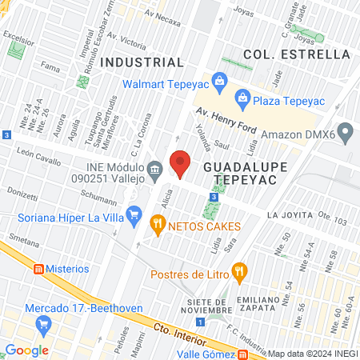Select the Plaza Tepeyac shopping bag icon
coord(242,98)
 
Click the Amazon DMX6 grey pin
coord(346,130)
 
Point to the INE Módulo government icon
coord(156,168)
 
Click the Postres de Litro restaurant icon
coord(238,274)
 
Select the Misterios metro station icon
coord(36,269)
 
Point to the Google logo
coord(26,350)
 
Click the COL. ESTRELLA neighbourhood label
coord(298,54)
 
